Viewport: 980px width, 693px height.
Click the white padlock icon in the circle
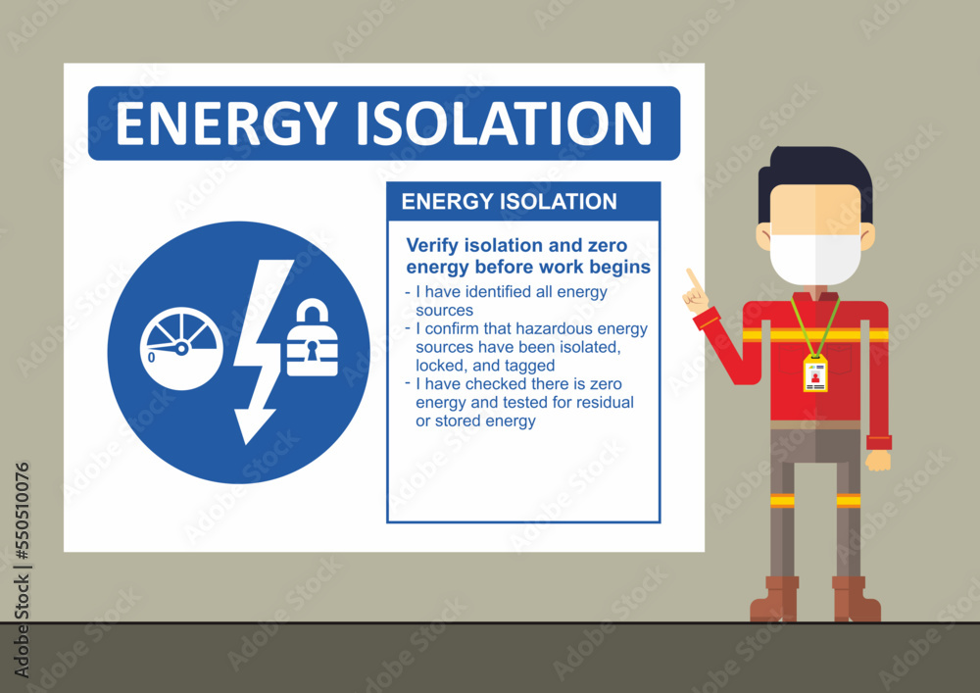312,340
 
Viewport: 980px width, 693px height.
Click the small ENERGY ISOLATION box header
510,202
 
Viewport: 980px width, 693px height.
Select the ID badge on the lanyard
815,373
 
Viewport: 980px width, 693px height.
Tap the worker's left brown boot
774,600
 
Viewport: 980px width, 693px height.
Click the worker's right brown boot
856,600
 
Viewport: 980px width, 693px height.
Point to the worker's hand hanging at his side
879,460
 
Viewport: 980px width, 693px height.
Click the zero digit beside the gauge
151,358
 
